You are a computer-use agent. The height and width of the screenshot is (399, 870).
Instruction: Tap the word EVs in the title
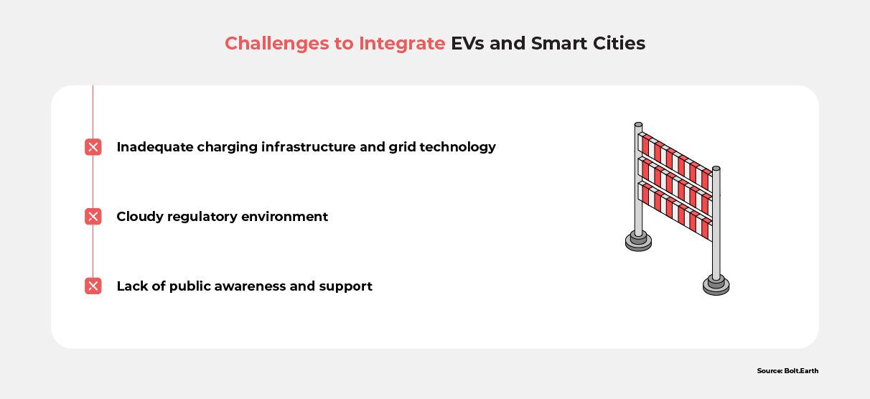coord(467,44)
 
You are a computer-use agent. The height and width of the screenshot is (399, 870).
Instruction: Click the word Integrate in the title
coord(402,44)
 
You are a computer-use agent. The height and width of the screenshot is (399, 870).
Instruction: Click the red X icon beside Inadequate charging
coord(93,147)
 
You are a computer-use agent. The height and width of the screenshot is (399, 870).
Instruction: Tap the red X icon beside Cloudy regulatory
coord(93,217)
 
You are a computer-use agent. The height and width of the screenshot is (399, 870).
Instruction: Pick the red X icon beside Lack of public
coord(93,286)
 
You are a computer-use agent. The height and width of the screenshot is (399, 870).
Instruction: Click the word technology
coord(458,147)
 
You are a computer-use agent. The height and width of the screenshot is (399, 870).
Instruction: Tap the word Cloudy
coord(139,217)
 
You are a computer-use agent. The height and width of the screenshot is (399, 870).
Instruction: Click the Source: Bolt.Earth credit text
coord(787,371)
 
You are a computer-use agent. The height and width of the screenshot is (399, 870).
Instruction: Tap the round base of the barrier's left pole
coord(638,242)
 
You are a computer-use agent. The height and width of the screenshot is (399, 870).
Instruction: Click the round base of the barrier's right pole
coord(716,286)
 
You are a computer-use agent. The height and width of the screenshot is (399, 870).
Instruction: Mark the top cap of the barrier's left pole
coord(638,125)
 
